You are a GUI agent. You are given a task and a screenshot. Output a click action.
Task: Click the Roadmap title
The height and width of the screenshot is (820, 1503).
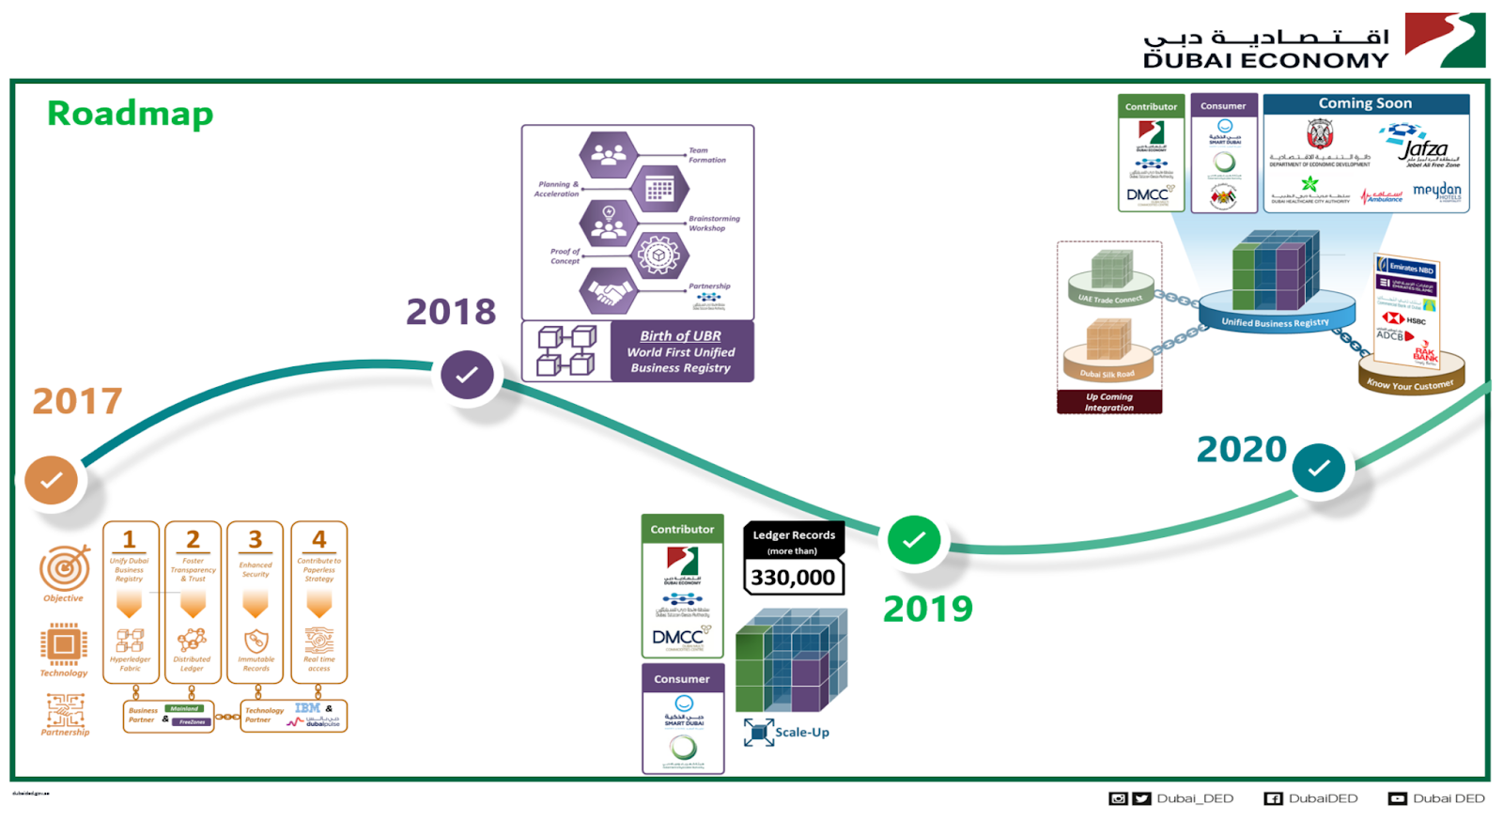pyautogui.click(x=131, y=114)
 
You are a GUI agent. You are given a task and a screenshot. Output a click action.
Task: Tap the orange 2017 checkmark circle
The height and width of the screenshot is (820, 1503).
pyautogui.click(x=52, y=480)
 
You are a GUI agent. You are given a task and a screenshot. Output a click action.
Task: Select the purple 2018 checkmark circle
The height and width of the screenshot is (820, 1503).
pyautogui.click(x=467, y=375)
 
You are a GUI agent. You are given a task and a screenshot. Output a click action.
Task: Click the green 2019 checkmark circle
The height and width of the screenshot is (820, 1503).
pyautogui.click(x=914, y=540)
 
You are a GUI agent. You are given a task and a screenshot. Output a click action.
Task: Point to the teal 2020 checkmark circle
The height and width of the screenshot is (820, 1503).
pyautogui.click(x=1319, y=468)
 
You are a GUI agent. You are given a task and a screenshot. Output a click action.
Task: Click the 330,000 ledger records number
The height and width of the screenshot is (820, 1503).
pyautogui.click(x=793, y=578)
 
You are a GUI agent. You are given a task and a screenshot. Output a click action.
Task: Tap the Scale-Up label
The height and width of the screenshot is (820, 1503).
pyautogui.click(x=801, y=733)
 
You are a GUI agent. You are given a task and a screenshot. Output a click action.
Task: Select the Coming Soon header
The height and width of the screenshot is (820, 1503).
pyautogui.click(x=1365, y=103)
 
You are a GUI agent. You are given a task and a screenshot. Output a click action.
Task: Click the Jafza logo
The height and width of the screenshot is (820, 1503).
pyautogui.click(x=1422, y=147)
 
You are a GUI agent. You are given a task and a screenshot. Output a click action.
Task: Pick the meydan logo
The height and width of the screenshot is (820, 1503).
pyautogui.click(x=1436, y=191)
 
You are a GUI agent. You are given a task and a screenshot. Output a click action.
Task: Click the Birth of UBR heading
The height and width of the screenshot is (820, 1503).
pyautogui.click(x=680, y=335)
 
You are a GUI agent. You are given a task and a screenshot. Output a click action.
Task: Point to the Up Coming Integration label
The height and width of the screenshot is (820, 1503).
pyautogui.click(x=1109, y=402)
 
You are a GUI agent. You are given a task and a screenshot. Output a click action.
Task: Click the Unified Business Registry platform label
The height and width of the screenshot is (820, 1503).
pyautogui.click(x=1275, y=322)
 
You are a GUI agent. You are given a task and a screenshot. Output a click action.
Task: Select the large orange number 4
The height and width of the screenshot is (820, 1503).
pyautogui.click(x=319, y=539)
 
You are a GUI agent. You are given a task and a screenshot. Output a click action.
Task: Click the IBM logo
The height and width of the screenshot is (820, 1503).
pyautogui.click(x=307, y=708)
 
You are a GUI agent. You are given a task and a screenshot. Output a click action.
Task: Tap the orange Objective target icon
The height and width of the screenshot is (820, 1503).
pyautogui.click(x=64, y=567)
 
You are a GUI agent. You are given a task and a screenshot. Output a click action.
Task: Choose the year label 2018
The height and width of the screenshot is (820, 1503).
pyautogui.click(x=451, y=312)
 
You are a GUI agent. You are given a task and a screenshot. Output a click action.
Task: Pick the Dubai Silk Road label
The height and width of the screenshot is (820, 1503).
pyautogui.click(x=1108, y=374)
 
